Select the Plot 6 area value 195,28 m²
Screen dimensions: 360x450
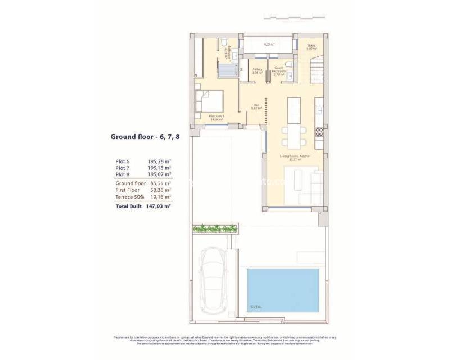click(159, 161)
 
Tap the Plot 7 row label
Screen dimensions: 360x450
click(122, 168)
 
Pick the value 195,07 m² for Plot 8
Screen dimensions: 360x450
click(159, 175)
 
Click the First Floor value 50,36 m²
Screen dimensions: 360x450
click(159, 190)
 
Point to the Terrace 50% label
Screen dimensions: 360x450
click(130, 197)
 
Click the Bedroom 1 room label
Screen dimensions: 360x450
click(217, 117)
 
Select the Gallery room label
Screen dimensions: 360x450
click(257, 70)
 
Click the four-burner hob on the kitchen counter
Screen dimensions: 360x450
click(319, 132)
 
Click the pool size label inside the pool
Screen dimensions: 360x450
click(256, 307)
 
